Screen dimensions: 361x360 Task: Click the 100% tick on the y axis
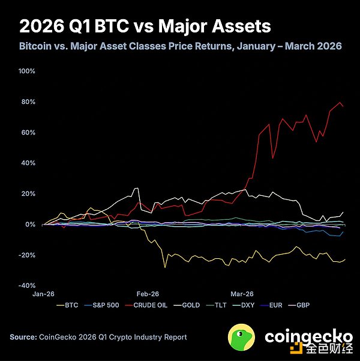[28, 71]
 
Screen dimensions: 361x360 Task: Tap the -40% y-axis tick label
[28, 285]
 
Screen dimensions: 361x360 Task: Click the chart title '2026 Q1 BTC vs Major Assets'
[145, 26]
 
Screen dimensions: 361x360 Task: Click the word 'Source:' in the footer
[23, 337]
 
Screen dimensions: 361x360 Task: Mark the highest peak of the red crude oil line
[340, 102]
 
